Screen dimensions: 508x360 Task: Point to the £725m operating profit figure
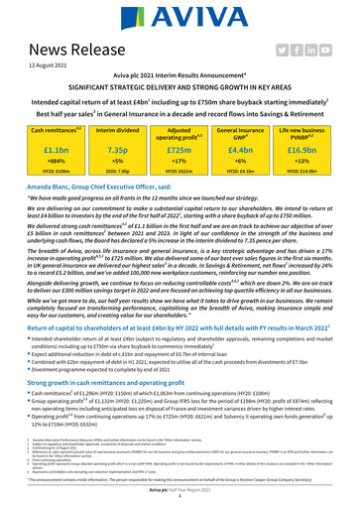(x=180, y=148)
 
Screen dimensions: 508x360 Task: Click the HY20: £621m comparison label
(x=180, y=173)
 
